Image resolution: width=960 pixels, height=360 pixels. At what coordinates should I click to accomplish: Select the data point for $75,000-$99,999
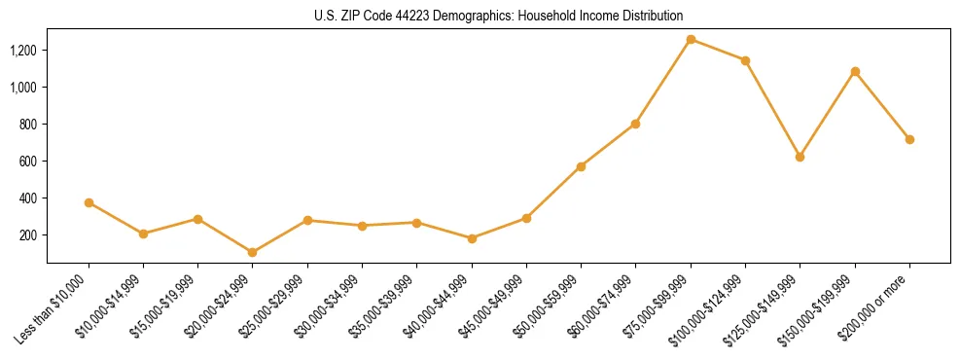(x=691, y=40)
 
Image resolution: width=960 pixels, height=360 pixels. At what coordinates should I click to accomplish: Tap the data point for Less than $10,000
(x=89, y=203)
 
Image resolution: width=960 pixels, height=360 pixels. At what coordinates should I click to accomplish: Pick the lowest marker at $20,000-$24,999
(x=253, y=252)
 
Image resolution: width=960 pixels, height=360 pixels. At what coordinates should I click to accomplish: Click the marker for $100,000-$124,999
(x=745, y=60)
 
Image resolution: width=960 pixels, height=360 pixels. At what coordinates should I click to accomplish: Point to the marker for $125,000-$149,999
(x=800, y=157)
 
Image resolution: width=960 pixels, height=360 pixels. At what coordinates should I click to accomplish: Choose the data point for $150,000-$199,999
(x=855, y=71)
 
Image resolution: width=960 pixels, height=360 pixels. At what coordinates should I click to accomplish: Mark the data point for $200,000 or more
(x=909, y=139)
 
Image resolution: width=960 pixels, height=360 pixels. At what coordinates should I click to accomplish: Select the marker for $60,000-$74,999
(x=635, y=124)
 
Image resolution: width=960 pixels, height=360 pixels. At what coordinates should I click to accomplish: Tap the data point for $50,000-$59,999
(x=581, y=166)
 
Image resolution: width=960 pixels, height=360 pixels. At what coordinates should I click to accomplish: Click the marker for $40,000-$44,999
(x=472, y=238)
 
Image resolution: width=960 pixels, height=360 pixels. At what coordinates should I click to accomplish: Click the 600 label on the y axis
(x=28, y=162)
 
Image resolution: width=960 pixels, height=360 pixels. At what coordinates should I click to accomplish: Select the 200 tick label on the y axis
(x=28, y=235)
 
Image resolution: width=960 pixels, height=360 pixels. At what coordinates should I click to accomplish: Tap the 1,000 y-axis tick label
(x=23, y=88)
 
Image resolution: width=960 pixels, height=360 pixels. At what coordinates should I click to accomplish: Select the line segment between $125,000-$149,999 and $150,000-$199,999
(x=827, y=114)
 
